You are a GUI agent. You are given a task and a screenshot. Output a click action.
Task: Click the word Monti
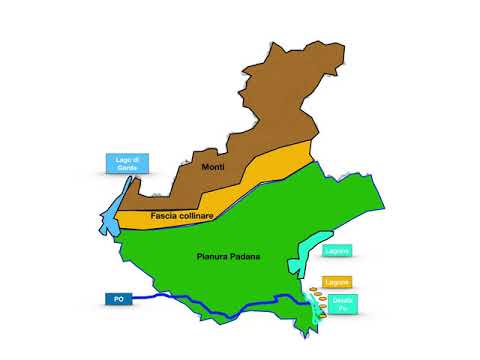[x=213, y=166]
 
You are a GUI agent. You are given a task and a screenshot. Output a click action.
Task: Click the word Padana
[x=243, y=258]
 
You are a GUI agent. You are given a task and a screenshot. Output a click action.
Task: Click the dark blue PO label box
[x=117, y=298]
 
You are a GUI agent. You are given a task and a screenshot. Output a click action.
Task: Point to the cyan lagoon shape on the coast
[x=306, y=256]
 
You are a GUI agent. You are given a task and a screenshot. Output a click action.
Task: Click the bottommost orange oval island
[x=322, y=314]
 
